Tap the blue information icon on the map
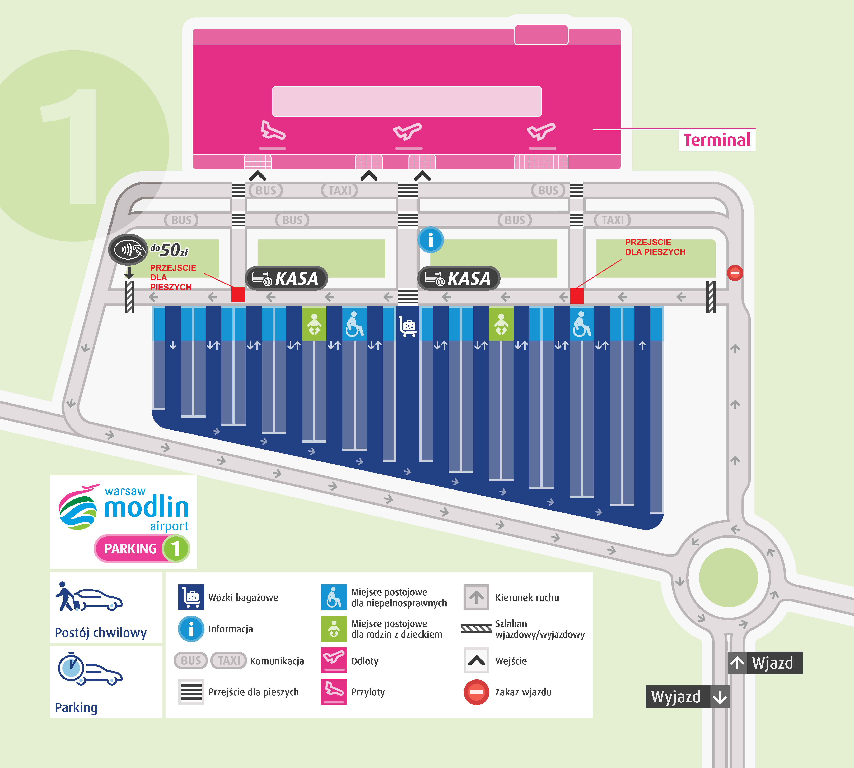(431, 240)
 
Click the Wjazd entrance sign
(765, 663)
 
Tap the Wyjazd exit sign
(687, 697)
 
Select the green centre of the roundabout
(728, 577)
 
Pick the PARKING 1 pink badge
(142, 549)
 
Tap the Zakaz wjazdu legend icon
(477, 692)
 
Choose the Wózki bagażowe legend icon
(191, 597)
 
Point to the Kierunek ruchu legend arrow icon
(477, 597)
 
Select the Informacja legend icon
(191, 629)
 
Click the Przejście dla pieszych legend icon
(191, 692)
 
